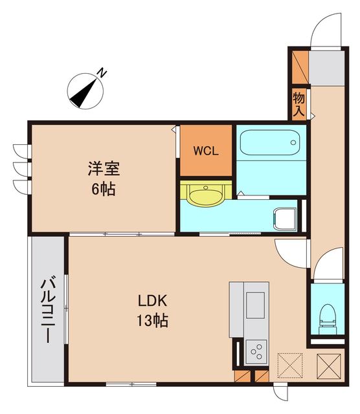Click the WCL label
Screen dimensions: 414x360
[206, 151]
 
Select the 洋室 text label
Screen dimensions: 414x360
[104, 170]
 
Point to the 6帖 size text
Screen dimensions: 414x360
[104, 190]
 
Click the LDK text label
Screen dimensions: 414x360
[152, 301]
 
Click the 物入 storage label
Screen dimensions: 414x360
[298, 104]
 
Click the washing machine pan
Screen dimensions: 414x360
[285, 218]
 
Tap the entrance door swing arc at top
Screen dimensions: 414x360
[325, 29]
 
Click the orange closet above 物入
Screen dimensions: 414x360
[299, 65]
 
